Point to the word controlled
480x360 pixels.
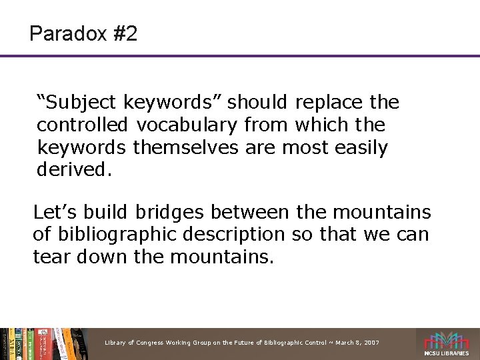[x=83, y=125]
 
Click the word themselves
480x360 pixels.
[x=185, y=147]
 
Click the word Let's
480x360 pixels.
[x=57, y=213]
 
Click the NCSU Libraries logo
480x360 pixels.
[x=447, y=343]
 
